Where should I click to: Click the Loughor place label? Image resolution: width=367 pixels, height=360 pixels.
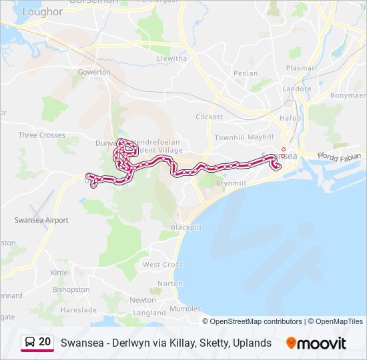coord(42,11)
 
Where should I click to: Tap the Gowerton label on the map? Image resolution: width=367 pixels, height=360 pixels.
coord(94,71)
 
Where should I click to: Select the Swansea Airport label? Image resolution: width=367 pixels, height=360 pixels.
coord(41,219)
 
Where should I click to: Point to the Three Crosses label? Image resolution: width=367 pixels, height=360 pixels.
coord(41,135)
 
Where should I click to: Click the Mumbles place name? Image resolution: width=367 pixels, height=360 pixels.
coord(185,309)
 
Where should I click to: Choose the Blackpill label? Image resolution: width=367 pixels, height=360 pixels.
coord(186,227)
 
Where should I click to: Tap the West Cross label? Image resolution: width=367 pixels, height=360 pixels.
coord(162,265)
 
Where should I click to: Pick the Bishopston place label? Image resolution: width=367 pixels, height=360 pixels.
coord(71,289)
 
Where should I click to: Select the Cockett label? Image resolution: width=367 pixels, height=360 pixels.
coord(209,117)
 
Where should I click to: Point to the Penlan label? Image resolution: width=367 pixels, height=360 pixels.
coord(246,73)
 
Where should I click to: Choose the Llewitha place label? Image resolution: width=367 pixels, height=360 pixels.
coord(171,59)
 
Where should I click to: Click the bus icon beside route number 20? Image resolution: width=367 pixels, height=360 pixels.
coord(30,342)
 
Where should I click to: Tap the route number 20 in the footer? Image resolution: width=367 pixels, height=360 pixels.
coord(45,342)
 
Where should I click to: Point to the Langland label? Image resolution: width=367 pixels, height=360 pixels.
coord(149,313)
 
